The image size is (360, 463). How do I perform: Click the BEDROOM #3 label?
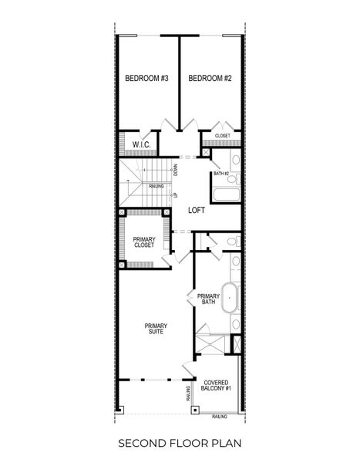pyautogui.click(x=146, y=79)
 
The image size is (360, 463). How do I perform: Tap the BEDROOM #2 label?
pyautogui.click(x=210, y=79)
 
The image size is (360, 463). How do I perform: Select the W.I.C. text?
pyautogui.click(x=140, y=144)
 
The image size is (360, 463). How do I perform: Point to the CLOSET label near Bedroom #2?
pyautogui.click(x=222, y=136)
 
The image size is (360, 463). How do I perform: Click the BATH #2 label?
pyautogui.click(x=221, y=174)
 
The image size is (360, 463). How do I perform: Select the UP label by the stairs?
pyautogui.click(x=176, y=195)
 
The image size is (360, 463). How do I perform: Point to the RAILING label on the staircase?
pyautogui.click(x=155, y=186)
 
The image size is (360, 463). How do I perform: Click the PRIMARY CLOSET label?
pyautogui.click(x=143, y=242)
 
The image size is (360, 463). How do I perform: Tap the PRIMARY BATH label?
pyautogui.click(x=208, y=299)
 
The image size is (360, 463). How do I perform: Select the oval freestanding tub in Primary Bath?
pyautogui.click(x=230, y=298)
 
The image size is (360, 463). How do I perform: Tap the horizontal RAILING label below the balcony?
pyautogui.click(x=220, y=416)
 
